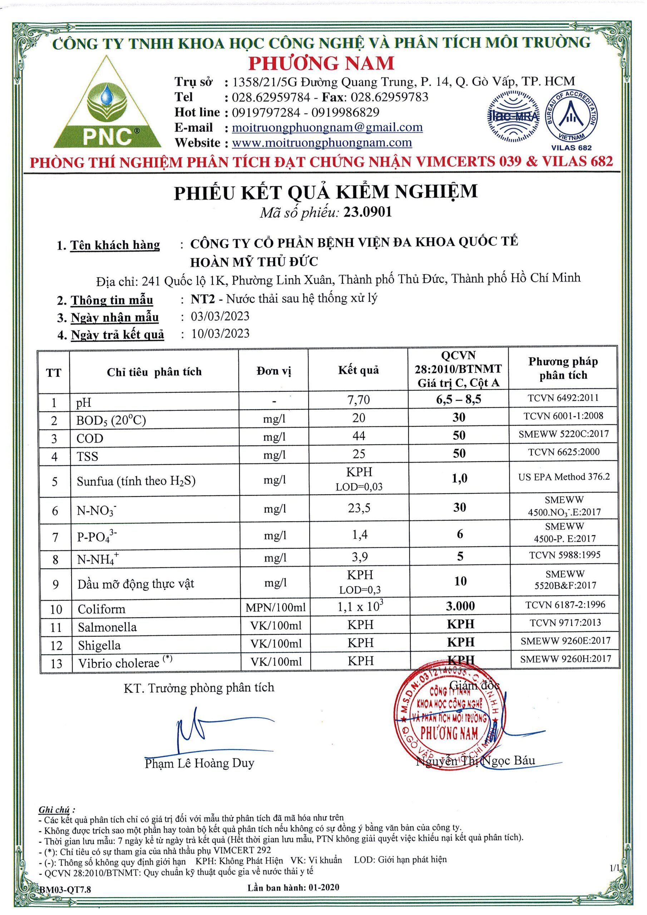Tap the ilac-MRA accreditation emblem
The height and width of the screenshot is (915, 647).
513,117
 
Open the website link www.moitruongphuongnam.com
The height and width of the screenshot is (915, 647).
322,143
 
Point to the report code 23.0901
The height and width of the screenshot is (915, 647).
368,212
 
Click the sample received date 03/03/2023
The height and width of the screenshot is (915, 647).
220,316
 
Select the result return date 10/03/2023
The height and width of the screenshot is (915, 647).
220,333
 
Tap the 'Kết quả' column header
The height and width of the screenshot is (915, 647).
359,370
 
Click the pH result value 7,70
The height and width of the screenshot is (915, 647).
359,399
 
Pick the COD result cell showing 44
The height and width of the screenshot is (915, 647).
359,436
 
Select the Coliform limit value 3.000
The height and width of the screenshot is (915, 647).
460,606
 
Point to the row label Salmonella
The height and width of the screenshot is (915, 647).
107,627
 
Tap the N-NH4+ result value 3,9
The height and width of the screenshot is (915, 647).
359,557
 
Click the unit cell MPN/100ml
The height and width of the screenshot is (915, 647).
275,607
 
